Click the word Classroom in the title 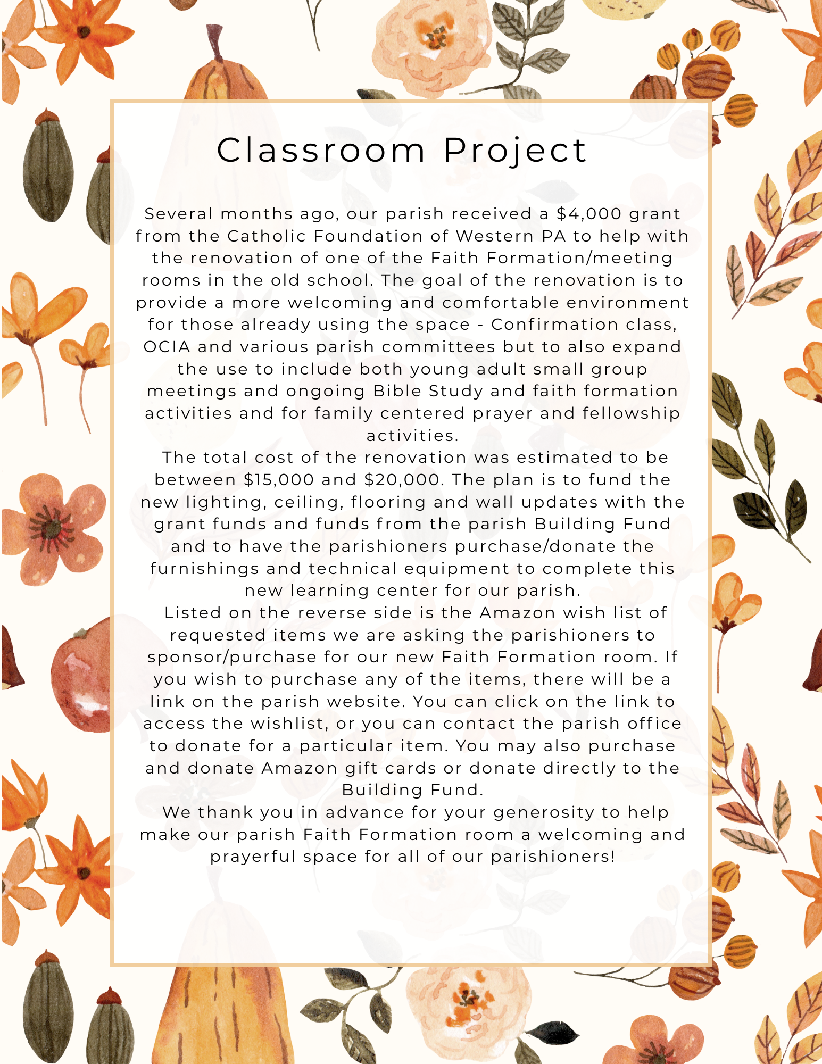coord(321,150)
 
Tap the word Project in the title coord(515,151)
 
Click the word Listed coord(193,613)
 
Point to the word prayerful coord(253,857)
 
